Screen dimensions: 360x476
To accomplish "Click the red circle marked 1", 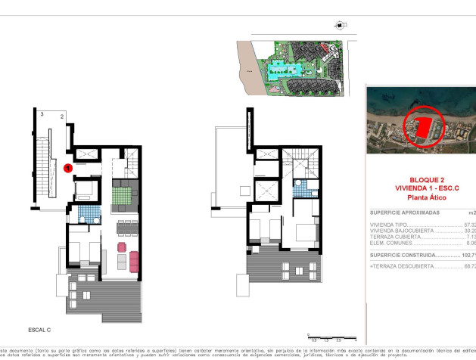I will tap(68, 168).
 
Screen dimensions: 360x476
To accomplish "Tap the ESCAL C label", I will tap(39, 330).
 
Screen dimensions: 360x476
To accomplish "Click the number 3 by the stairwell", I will tap(42, 114).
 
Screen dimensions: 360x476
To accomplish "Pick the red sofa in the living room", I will tap(134, 262).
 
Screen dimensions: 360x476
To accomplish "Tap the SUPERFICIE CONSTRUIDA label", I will tap(400, 256).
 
